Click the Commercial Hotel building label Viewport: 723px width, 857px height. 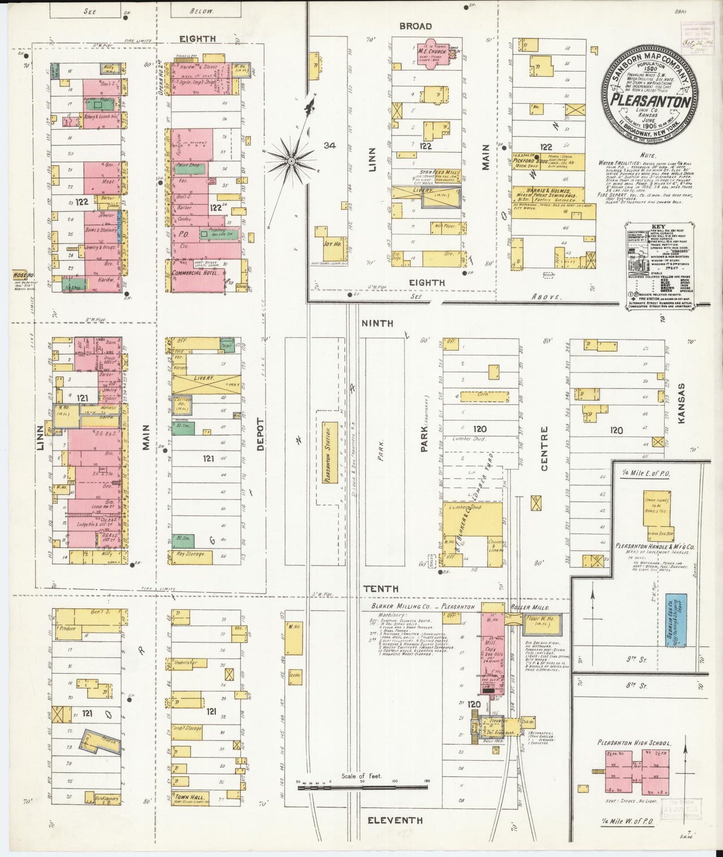(194, 273)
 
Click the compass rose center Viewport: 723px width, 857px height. (291, 161)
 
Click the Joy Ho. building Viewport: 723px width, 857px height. (328, 244)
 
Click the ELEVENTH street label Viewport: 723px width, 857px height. (395, 820)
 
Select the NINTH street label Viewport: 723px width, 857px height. (377, 323)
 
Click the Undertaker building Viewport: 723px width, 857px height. (186, 662)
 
